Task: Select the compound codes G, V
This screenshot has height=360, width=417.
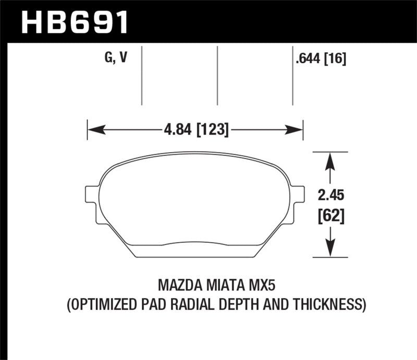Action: pyautogui.click(x=116, y=58)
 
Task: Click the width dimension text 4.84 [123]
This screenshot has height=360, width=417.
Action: pyautogui.click(x=195, y=129)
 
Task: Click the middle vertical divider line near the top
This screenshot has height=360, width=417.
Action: pyautogui.click(x=217, y=76)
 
